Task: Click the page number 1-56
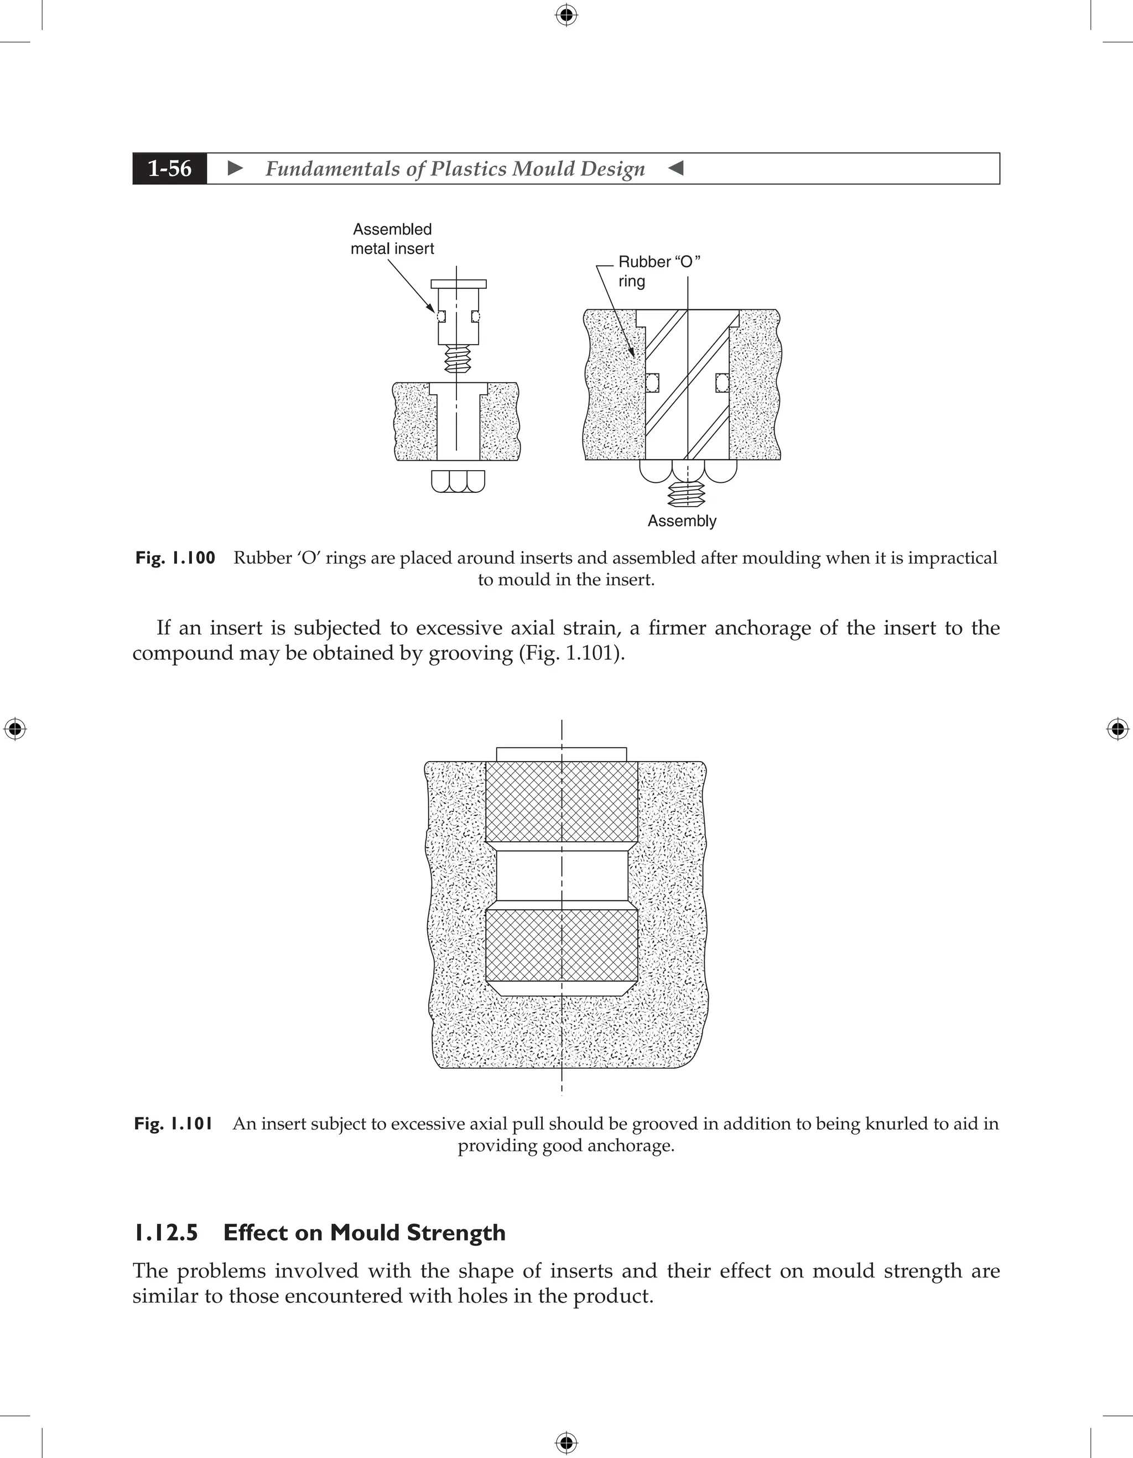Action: (x=170, y=168)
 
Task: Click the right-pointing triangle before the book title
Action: (x=235, y=168)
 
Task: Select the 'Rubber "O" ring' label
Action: (x=658, y=271)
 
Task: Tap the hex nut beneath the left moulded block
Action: (x=458, y=481)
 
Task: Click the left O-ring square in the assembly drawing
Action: (x=652, y=383)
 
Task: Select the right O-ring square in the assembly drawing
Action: (x=722, y=383)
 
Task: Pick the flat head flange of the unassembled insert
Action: (x=459, y=284)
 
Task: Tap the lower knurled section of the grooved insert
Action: (x=562, y=945)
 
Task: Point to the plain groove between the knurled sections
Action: (x=562, y=874)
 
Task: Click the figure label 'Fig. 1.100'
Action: (x=175, y=558)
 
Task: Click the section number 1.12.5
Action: (x=165, y=1233)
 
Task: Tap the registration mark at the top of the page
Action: (x=566, y=15)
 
